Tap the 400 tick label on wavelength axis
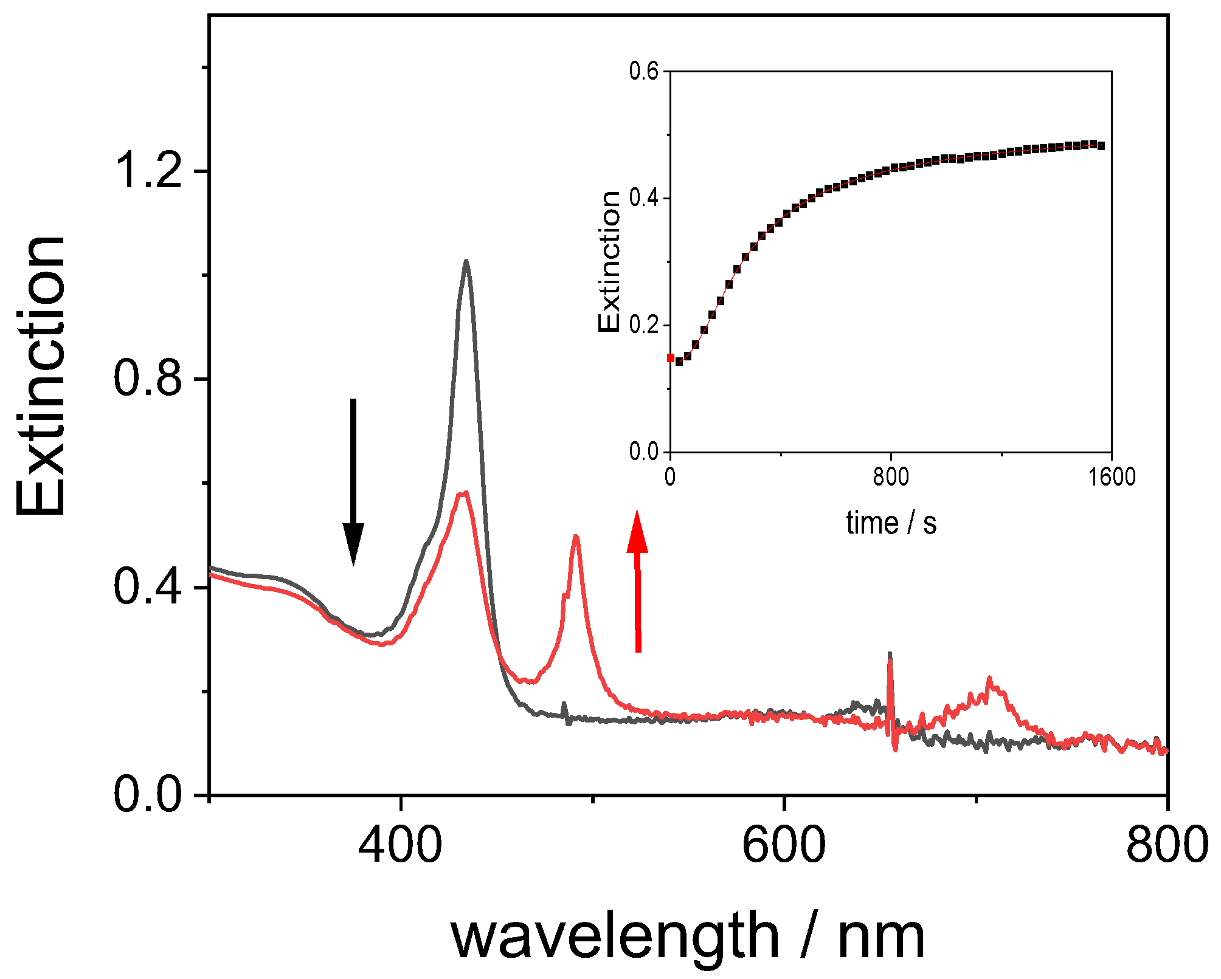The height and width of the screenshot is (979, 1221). [x=400, y=845]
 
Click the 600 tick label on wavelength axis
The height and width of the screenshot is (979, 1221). [x=784, y=845]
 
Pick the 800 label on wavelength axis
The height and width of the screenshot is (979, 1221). [x=1166, y=845]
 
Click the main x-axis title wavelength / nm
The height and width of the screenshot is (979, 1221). [x=687, y=936]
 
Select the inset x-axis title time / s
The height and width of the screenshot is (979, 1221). [x=891, y=523]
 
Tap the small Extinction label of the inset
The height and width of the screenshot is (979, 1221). [x=609, y=262]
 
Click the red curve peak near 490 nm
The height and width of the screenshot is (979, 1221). [x=575, y=537]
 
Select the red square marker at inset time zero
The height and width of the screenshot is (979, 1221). [x=671, y=358]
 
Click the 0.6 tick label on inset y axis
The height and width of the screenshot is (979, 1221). [x=644, y=72]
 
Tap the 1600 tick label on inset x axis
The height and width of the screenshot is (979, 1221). [x=1112, y=478]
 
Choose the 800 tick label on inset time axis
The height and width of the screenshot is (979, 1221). [x=891, y=478]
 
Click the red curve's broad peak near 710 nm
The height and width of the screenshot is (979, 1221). [x=990, y=679]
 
